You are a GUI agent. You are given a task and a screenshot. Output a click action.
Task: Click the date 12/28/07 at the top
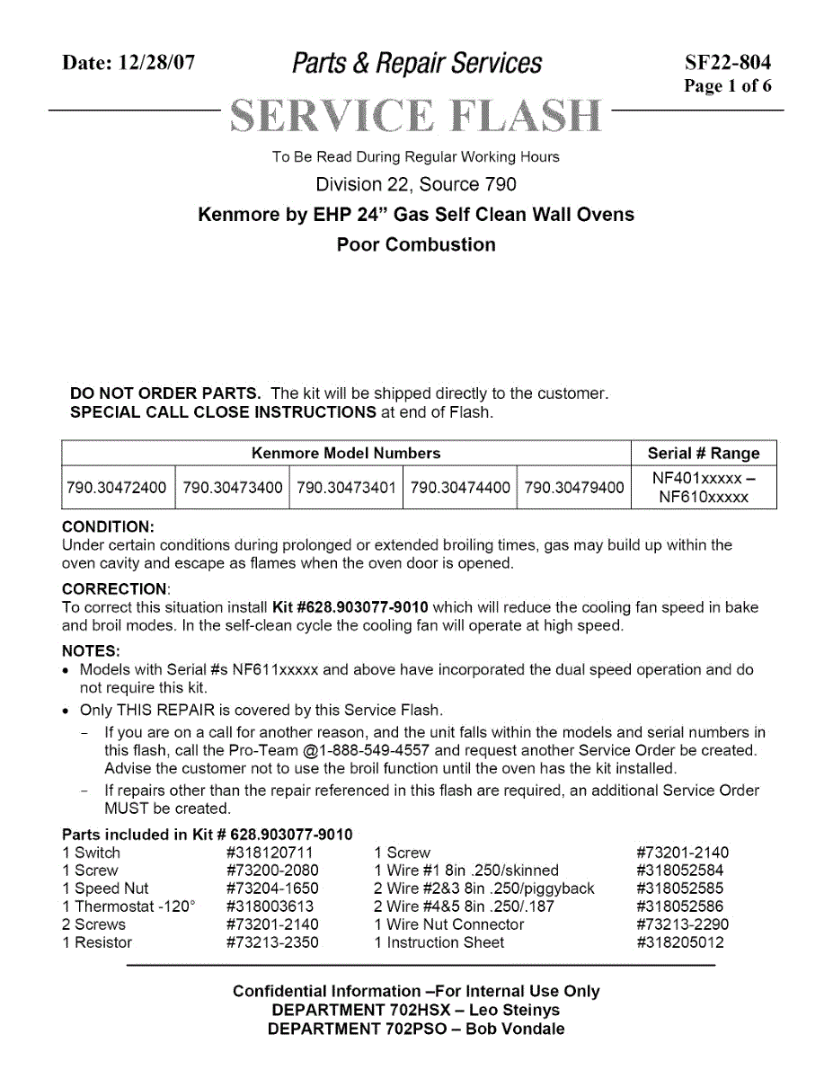pos(156,63)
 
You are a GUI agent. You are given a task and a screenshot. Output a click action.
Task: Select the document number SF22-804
pos(727,63)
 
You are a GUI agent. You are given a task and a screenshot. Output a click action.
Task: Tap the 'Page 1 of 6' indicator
pos(727,86)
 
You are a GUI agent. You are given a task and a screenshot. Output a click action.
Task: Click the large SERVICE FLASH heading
pos(416,115)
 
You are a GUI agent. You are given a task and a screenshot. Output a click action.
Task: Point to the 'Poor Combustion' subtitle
pos(416,244)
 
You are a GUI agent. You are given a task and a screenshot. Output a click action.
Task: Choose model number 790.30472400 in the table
pos(117,488)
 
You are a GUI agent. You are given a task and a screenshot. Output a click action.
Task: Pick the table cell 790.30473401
pos(346,488)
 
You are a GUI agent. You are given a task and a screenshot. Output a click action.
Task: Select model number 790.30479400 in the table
pos(573,488)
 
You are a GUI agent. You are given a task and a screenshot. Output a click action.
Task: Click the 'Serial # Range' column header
pos(704,454)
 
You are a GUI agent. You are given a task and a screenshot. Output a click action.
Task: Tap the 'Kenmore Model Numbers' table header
pos(346,454)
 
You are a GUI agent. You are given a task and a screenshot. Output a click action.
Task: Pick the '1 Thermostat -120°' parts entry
pos(128,906)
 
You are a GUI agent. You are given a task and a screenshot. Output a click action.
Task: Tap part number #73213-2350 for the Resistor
pos(272,942)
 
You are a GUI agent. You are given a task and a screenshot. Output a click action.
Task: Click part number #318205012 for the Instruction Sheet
pos(680,942)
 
